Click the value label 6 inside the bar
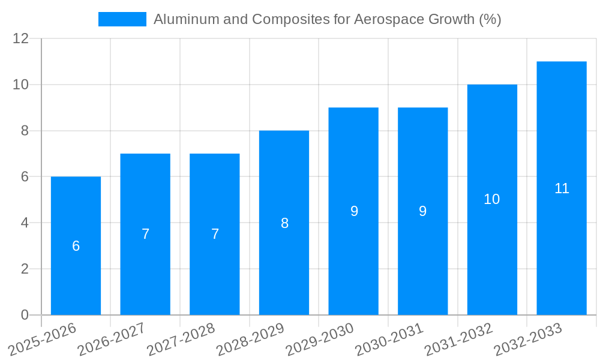coord(76,246)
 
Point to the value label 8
coord(284,223)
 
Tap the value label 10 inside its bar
coord(492,199)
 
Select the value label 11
coord(562,188)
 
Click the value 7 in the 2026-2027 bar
coord(145,235)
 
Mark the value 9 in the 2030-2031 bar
coord(423,211)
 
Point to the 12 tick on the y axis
coord(21,39)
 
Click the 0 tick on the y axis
coord(25,315)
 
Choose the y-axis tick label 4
coord(25,223)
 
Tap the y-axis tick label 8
coord(25,131)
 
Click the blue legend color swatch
coord(122,19)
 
